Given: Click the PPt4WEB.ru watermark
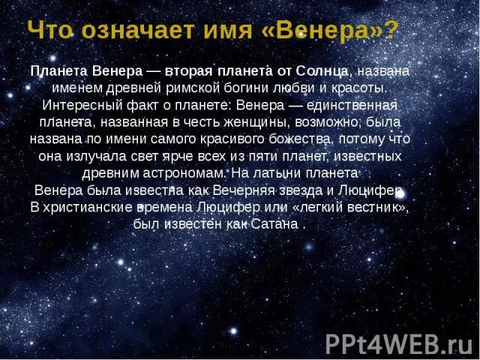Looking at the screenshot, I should tap(398, 343).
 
